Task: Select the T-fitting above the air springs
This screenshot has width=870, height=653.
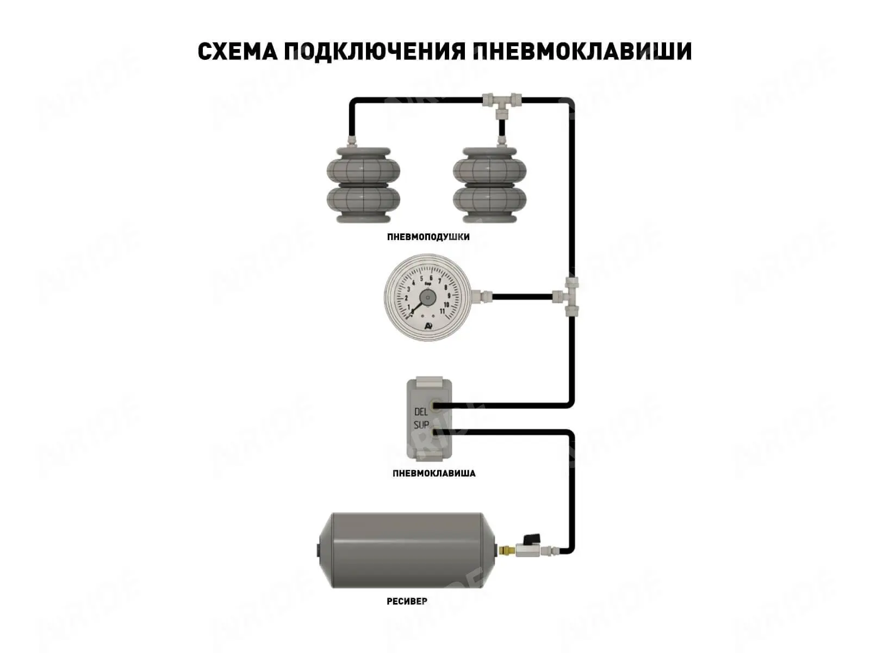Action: pyautogui.click(x=501, y=101)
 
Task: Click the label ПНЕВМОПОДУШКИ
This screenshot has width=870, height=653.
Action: pyautogui.click(x=428, y=237)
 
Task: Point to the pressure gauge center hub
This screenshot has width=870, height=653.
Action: pyautogui.click(x=427, y=298)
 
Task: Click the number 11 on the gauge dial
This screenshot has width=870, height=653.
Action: pyautogui.click(x=442, y=311)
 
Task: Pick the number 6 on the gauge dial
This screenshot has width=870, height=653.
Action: pyautogui.click(x=431, y=278)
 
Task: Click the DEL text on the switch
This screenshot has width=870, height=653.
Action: pyautogui.click(x=421, y=412)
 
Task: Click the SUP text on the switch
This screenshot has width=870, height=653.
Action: pyautogui.click(x=421, y=425)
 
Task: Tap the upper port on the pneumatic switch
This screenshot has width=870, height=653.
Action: pyautogui.click(x=436, y=405)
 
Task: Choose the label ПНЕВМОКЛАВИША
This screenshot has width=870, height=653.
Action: pyautogui.click(x=434, y=473)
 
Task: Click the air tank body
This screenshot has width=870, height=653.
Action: pyautogui.click(x=408, y=550)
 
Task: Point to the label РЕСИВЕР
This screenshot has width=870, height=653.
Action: pyautogui.click(x=407, y=601)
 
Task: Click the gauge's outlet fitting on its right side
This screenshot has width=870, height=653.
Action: pyautogui.click(x=482, y=297)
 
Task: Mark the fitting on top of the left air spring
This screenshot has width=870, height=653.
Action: pyautogui.click(x=352, y=141)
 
